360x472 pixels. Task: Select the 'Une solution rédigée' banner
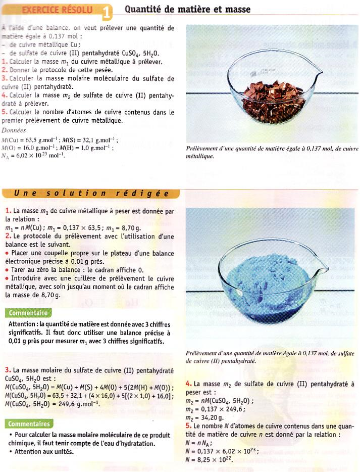coord(91,194)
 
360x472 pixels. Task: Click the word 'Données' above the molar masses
coord(14,130)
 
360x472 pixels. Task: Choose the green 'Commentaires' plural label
coord(29,423)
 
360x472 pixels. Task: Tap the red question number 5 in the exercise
coord(4,112)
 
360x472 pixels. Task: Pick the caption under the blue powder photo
coord(270,357)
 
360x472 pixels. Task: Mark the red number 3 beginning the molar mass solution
coord(8,370)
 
